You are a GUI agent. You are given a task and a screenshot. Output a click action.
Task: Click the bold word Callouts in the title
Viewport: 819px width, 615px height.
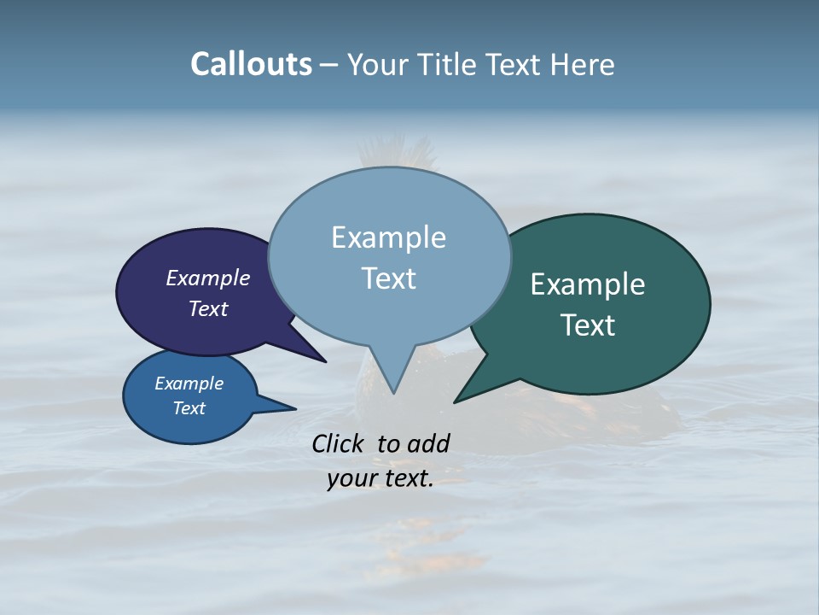(x=251, y=64)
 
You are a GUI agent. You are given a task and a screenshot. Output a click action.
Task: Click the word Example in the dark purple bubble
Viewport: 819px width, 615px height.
(x=208, y=278)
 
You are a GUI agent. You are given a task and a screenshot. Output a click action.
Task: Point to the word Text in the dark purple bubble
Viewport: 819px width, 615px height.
(x=208, y=308)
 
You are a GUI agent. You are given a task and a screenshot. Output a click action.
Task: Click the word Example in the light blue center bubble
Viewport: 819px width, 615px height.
(x=388, y=237)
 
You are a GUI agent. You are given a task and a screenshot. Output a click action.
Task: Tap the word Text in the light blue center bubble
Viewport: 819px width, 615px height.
(x=388, y=278)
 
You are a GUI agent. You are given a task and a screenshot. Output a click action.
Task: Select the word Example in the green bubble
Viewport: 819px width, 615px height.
(x=588, y=284)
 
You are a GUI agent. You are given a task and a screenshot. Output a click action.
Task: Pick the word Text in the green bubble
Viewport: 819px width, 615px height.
(x=588, y=325)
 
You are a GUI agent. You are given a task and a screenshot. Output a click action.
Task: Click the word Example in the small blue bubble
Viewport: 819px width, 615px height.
(x=189, y=384)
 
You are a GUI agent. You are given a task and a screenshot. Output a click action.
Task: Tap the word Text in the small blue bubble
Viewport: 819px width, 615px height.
(x=189, y=408)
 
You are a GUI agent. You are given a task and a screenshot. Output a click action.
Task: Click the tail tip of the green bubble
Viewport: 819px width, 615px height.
(x=456, y=401)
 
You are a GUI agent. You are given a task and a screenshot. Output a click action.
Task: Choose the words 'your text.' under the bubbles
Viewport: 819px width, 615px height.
(x=380, y=478)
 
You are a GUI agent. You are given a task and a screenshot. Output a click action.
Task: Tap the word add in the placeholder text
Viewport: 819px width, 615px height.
(x=428, y=443)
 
